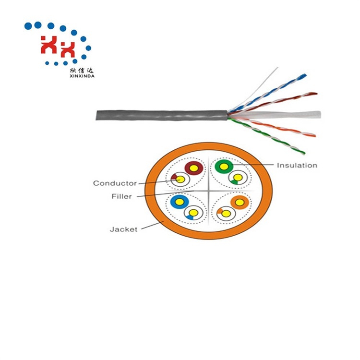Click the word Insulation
click(x=297, y=165)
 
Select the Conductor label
click(x=115, y=183)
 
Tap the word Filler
click(x=121, y=196)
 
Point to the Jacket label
click(x=123, y=229)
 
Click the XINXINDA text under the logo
click(x=82, y=76)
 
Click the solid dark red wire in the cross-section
click(x=194, y=168)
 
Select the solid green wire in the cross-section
click(x=224, y=167)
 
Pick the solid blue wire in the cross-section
click(x=180, y=202)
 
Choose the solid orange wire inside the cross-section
click(x=240, y=203)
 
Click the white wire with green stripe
click(x=238, y=178)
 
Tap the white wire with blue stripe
click(x=193, y=213)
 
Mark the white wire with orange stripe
click(x=226, y=214)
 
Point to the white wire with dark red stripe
click(x=180, y=180)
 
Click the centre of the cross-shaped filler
click(x=208, y=191)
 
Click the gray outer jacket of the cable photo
click(x=162, y=115)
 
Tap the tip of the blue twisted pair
click(x=305, y=75)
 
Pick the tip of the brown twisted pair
click(x=316, y=94)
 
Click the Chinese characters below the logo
click(x=82, y=71)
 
